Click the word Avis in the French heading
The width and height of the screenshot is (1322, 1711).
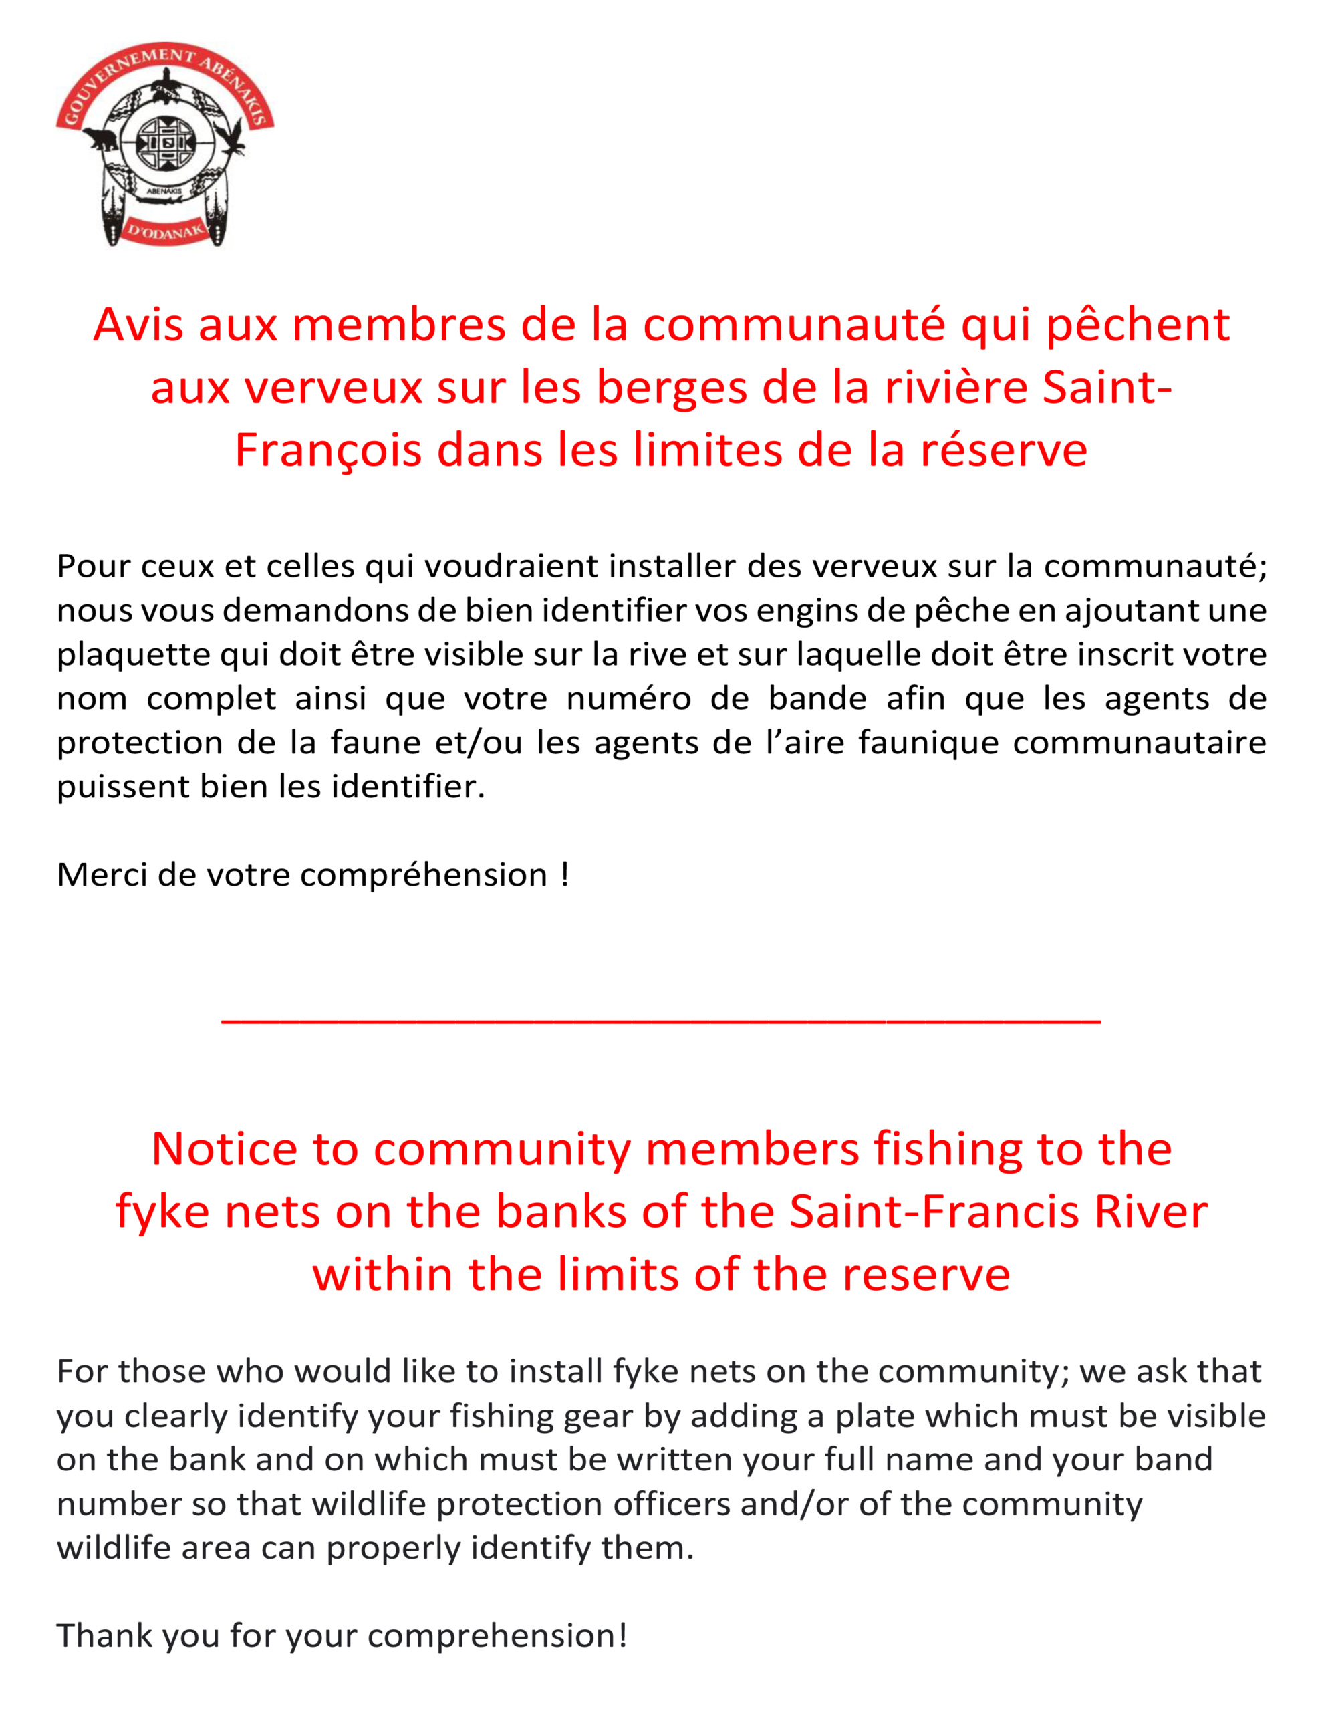(x=137, y=325)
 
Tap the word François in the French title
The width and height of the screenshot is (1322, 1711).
(x=328, y=451)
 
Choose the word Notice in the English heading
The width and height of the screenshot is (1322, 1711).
(x=224, y=1150)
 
